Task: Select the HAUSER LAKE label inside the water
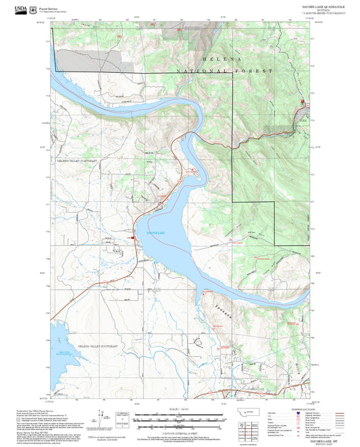[155, 234]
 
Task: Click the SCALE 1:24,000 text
[180, 409]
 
